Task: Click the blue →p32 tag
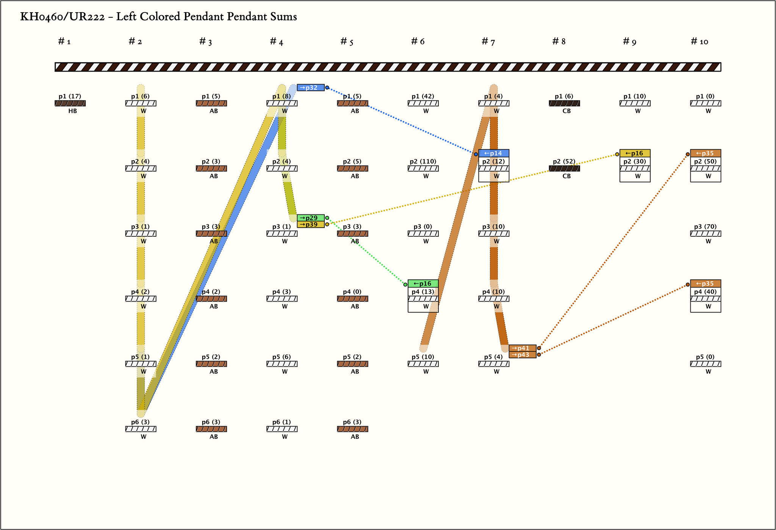pos(310,88)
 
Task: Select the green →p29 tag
pos(310,218)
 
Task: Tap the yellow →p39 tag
pos(310,225)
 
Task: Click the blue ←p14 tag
pos(493,153)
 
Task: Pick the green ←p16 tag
pos(423,283)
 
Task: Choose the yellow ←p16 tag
pos(635,153)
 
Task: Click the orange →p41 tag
pos(522,348)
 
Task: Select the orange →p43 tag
pos(522,355)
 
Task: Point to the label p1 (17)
pos(70,97)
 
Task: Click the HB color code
pos(73,111)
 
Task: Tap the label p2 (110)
pos(423,162)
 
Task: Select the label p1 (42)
pos(423,97)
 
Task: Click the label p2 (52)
pos(564,162)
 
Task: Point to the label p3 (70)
pos(705,227)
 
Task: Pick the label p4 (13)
pos(423,292)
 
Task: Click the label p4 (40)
pos(705,292)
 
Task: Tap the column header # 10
pos(699,42)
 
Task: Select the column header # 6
pos(418,42)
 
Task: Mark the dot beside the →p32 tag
pos(327,88)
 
